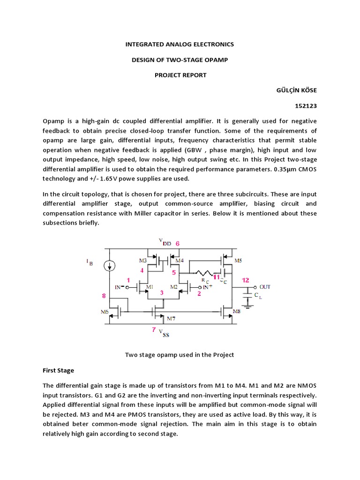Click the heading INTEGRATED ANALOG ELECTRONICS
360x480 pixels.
click(180, 45)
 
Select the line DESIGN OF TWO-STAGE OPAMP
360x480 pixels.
click(180, 60)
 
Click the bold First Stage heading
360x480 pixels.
click(58, 370)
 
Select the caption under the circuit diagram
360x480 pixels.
click(180, 355)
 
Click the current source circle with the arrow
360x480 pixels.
click(110, 266)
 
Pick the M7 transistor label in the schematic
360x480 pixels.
click(172, 319)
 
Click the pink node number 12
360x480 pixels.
click(245, 280)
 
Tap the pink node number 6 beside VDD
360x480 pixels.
click(177, 244)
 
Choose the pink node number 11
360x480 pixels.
click(216, 277)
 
